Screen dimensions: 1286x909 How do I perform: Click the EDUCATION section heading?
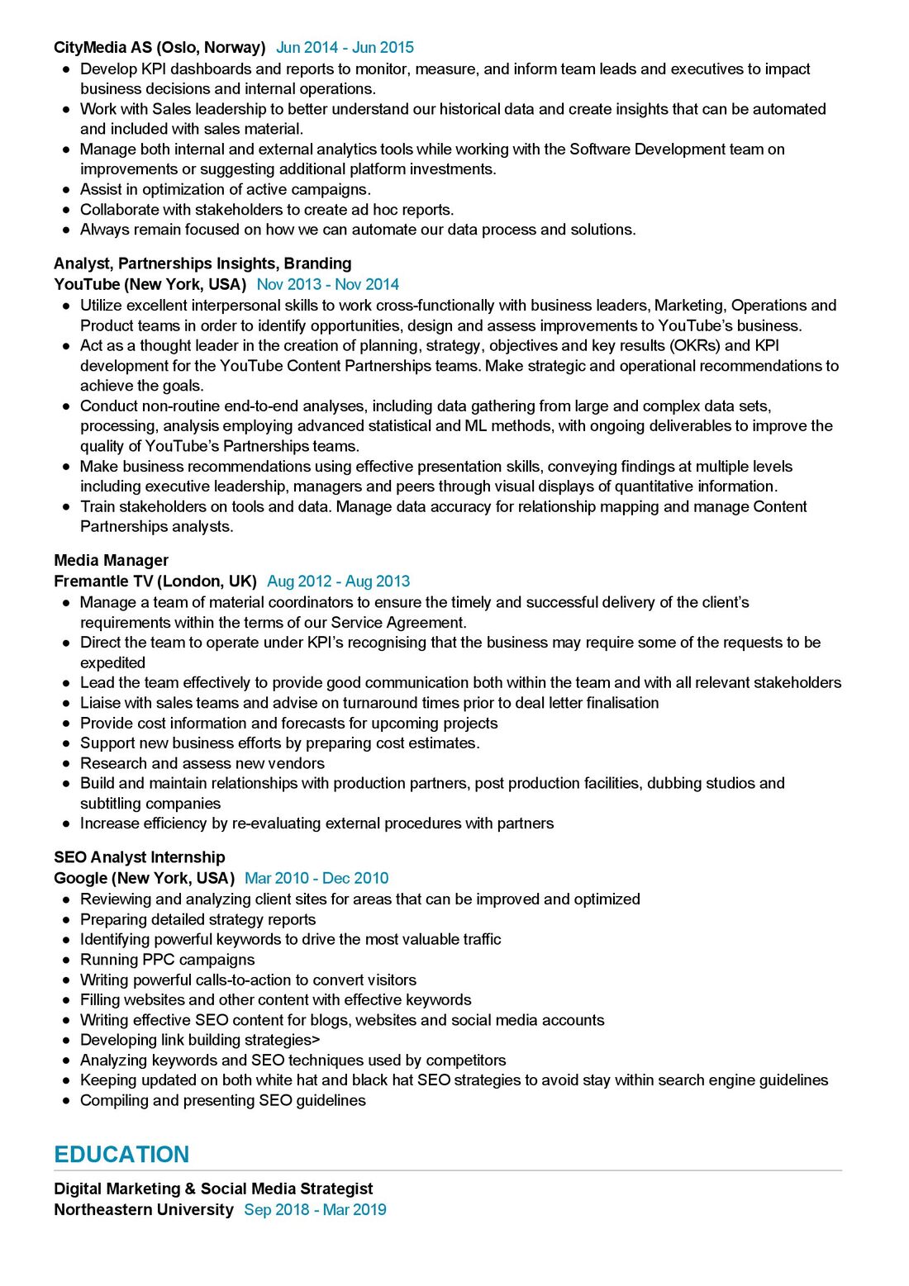121,1154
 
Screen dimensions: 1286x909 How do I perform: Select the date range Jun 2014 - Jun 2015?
345,47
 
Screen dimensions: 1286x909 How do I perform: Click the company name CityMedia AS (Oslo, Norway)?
159,47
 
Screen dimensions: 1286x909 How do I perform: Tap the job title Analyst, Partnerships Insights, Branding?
202,263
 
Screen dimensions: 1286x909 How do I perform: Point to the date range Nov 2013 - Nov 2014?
327,284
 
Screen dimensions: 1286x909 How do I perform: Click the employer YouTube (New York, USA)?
150,284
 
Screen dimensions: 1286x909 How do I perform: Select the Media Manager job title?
111,560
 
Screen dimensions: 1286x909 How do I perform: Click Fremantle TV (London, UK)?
155,581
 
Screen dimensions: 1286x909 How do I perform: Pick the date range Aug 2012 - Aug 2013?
338,581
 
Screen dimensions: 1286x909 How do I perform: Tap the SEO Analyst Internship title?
139,857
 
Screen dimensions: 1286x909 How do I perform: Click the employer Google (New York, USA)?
144,878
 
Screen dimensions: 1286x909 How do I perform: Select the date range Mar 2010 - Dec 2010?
316,878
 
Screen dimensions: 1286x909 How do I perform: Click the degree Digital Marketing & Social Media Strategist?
213,1189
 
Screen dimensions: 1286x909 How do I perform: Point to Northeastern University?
144,1209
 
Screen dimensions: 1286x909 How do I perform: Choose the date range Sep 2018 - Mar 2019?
315,1209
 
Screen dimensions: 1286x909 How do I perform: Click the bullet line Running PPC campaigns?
167,960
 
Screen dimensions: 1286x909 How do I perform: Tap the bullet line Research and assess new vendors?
202,763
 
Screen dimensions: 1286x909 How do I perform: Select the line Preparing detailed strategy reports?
198,919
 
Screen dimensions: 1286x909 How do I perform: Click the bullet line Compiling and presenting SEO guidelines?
222,1100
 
